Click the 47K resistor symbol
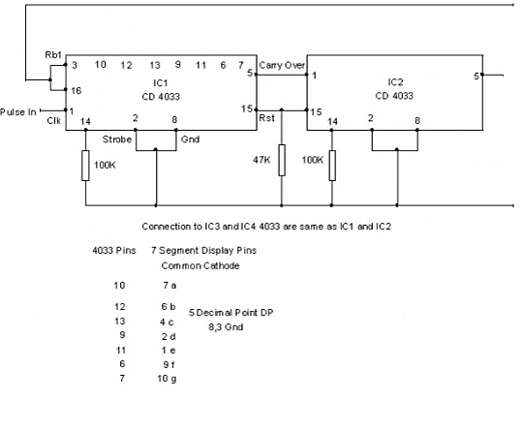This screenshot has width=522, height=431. (282, 160)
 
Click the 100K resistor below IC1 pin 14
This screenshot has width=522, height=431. (85, 166)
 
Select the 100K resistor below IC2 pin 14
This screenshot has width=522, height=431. (332, 166)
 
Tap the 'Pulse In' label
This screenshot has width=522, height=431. (18, 111)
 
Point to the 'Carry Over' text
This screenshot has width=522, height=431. (282, 65)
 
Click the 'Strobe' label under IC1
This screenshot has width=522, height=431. (117, 139)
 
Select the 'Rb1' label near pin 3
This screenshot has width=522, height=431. (53, 55)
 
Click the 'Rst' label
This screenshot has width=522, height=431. (266, 118)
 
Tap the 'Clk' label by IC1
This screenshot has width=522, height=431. (53, 120)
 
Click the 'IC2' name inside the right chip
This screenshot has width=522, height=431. (395, 82)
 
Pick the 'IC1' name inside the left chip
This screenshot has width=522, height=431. (161, 82)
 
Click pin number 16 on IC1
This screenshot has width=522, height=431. (76, 90)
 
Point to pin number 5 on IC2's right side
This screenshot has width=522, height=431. (476, 77)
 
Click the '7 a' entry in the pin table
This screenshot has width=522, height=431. (169, 285)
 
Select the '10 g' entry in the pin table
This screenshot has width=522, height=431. (167, 379)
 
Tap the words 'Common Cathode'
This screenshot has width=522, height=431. (200, 265)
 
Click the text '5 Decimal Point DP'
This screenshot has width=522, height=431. (231, 313)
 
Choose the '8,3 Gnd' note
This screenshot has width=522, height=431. (226, 327)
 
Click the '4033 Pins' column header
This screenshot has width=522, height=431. (114, 250)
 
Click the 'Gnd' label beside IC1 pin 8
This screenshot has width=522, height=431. (190, 139)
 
